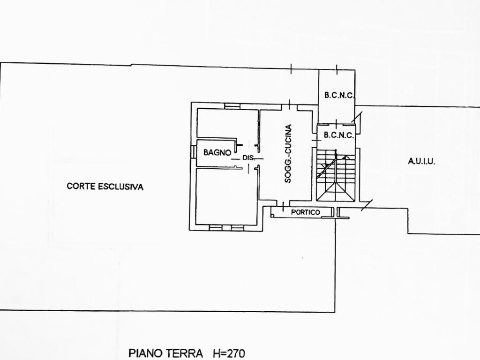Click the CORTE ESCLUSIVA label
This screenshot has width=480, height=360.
[105, 186]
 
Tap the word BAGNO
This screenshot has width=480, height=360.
[217, 152]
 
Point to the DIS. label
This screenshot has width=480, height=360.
[248, 158]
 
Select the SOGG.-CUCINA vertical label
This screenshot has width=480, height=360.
[288, 153]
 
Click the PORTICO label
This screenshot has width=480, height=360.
[305, 212]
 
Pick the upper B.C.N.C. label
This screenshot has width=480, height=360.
[339, 95]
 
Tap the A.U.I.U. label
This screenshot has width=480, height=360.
[421, 161]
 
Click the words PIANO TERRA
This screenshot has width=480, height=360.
[165, 353]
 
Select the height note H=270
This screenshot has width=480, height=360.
[228, 353]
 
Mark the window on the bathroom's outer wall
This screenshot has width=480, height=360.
[193, 152]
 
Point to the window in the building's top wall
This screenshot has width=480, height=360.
[232, 106]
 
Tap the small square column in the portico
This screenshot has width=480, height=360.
[272, 215]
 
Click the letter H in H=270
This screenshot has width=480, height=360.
[216, 353]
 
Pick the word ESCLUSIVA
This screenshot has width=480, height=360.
[121, 186]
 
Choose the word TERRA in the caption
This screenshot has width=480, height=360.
[187, 353]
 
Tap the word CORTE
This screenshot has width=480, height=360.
[81, 186]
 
